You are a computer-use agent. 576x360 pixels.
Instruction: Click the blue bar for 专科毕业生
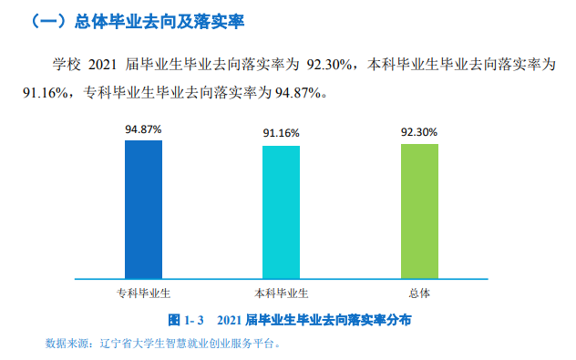(143, 209)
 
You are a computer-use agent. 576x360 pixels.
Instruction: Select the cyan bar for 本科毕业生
(281, 211)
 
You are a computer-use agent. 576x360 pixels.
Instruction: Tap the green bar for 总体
(419, 211)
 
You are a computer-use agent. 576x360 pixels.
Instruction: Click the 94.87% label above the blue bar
(143, 129)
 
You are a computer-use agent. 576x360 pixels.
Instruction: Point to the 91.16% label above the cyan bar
(281, 133)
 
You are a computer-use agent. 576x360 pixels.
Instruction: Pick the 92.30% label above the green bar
(419, 132)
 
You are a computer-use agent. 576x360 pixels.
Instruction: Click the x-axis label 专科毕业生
(143, 293)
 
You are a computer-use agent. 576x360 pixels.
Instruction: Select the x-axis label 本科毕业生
(281, 293)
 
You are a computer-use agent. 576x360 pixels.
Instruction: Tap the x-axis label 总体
(419, 293)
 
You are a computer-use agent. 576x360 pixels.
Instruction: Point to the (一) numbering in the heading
(47, 20)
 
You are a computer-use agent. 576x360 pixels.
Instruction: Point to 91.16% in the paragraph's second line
(44, 92)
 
